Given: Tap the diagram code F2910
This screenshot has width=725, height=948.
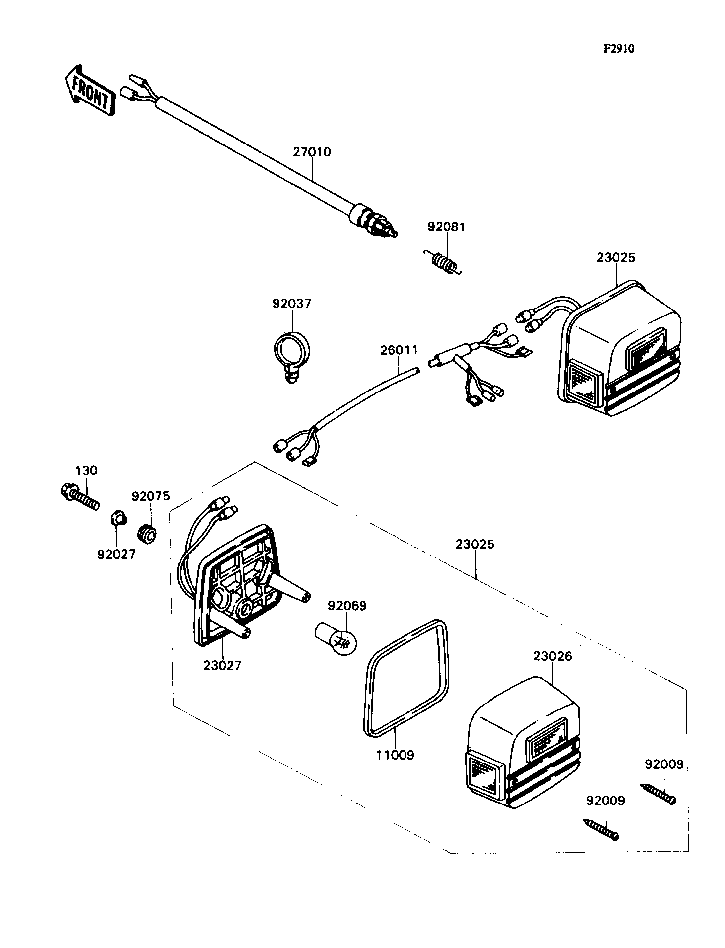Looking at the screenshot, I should [x=618, y=49].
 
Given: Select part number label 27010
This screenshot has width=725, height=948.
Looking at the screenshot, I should [x=312, y=152].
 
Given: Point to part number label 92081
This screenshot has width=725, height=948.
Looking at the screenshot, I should [x=446, y=227].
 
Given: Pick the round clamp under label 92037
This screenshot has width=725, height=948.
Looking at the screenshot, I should [x=292, y=352].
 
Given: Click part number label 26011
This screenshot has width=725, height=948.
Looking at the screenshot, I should [x=399, y=350].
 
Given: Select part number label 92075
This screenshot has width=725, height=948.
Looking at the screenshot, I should [x=150, y=496].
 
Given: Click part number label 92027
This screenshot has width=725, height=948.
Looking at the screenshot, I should [x=116, y=555].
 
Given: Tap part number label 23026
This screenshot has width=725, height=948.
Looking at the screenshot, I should [x=552, y=656].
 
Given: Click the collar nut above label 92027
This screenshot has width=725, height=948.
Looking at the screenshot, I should [x=117, y=518].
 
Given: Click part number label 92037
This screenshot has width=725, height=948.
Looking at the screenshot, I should [x=291, y=304].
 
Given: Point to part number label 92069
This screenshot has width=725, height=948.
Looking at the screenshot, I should [x=347, y=606].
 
